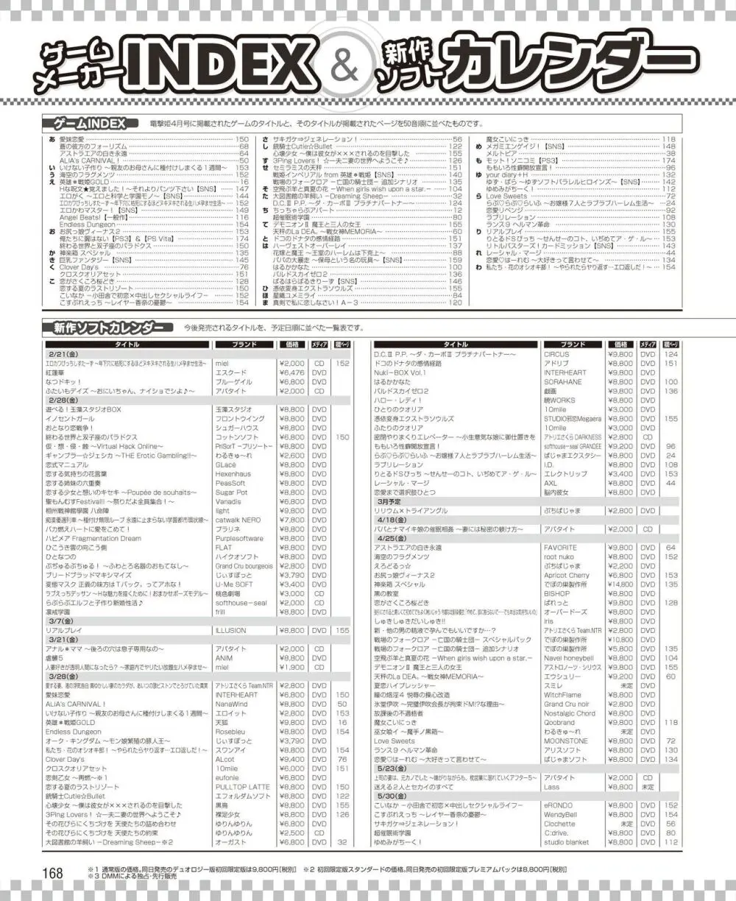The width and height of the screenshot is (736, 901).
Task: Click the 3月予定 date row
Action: coord(392,501)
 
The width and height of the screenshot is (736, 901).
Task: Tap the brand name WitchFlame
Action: coord(562,694)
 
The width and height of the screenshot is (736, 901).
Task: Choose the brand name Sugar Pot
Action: coord(231,492)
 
